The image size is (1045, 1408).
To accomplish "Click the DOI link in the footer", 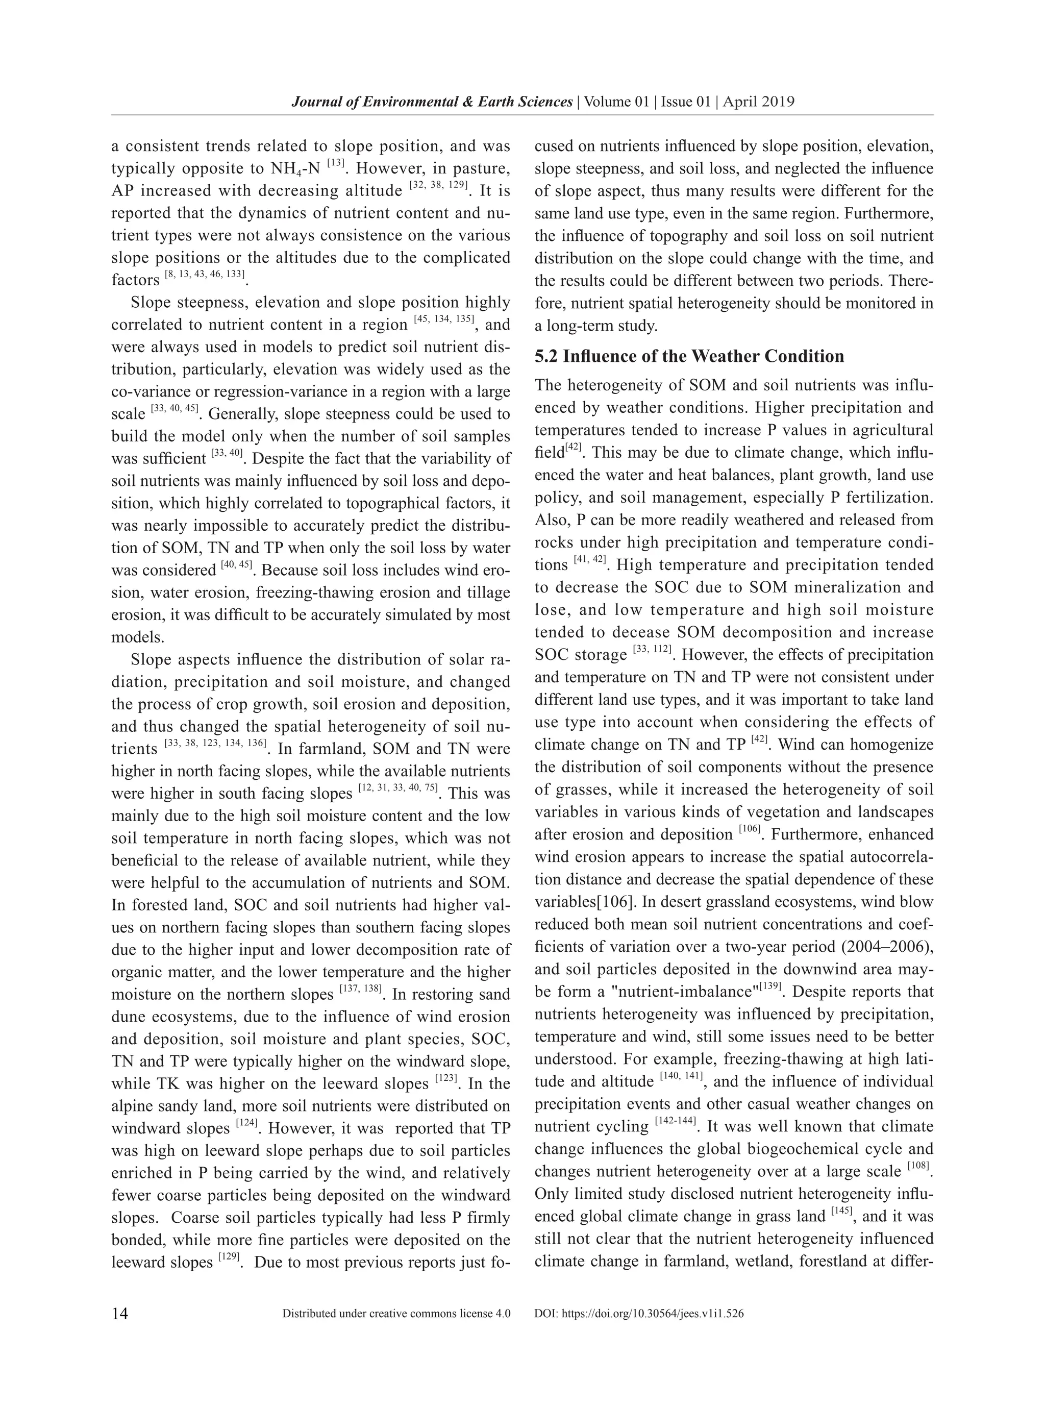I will (639, 1314).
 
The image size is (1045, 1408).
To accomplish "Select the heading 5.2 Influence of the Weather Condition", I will (689, 356).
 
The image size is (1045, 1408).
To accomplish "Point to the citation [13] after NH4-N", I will (336, 164).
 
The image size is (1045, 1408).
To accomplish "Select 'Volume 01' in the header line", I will (616, 102).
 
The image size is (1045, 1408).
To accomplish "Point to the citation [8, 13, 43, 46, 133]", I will (205, 275).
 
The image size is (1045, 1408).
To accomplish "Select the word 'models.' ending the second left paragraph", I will (137, 637).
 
